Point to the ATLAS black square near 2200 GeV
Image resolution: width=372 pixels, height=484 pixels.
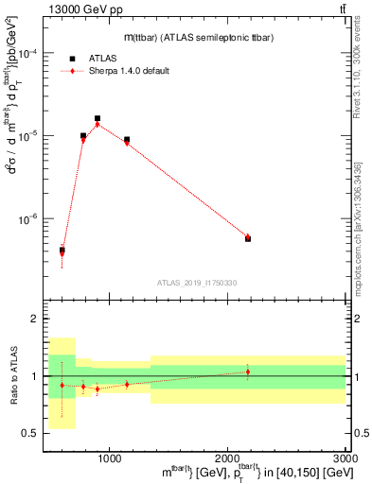coord(248,238)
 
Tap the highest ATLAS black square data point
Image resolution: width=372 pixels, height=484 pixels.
coord(97,118)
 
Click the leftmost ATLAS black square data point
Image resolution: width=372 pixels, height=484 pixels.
coord(62,251)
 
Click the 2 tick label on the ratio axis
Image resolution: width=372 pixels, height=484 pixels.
coord(36,320)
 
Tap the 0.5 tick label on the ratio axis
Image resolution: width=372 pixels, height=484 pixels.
coord(32,433)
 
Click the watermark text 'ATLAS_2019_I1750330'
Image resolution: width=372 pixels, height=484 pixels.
coord(196,282)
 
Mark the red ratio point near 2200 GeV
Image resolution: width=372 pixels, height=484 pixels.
coord(248,372)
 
